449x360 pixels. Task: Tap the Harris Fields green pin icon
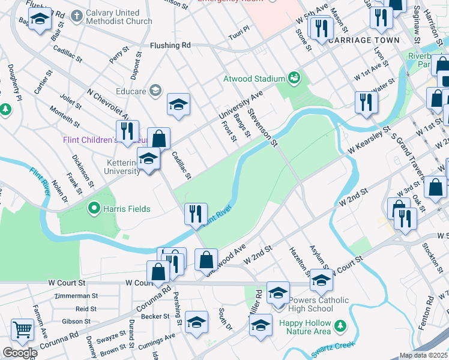(x=94, y=209)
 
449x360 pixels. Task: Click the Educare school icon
(x=155, y=90)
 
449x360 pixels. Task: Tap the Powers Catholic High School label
(x=318, y=304)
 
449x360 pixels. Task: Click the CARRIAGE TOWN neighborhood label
(x=355, y=40)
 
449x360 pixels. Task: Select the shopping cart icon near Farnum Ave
(x=22, y=329)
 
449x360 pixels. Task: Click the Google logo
(x=20, y=353)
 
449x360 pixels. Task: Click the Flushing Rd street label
(x=170, y=45)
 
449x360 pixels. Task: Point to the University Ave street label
(x=241, y=104)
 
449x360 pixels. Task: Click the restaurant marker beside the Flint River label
(x=196, y=213)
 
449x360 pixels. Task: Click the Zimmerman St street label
(x=76, y=296)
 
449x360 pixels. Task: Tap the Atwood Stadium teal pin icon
(x=294, y=77)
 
